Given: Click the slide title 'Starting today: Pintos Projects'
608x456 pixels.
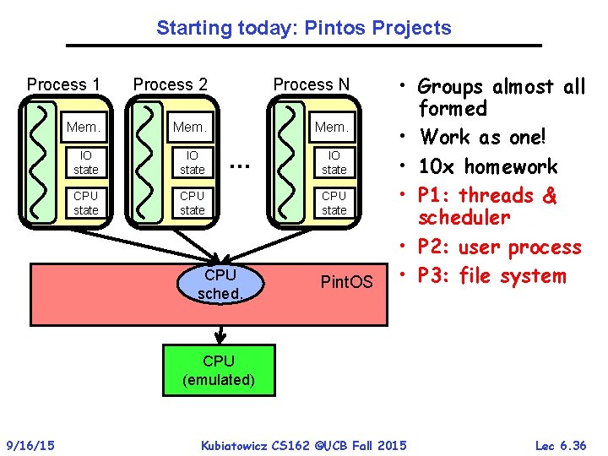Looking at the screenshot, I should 304,28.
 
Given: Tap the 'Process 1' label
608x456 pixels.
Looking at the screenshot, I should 63,84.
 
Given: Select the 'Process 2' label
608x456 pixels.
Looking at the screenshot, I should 171,84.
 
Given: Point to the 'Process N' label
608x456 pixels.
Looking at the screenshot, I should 311,84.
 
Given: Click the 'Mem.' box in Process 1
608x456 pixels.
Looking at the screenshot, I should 84,128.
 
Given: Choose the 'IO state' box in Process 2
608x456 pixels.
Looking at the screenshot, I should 193,163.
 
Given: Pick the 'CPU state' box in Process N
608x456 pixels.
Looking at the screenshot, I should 334,203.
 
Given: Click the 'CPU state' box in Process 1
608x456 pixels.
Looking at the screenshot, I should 85,203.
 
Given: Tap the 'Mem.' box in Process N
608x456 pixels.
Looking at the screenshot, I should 332,128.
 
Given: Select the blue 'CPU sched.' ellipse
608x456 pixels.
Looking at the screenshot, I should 220,285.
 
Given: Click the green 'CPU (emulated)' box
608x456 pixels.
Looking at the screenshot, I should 219,371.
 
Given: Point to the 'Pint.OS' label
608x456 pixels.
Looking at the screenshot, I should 346,281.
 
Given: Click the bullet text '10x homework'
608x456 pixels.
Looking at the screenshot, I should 488,166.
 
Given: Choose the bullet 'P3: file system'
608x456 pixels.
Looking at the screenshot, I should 491,276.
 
